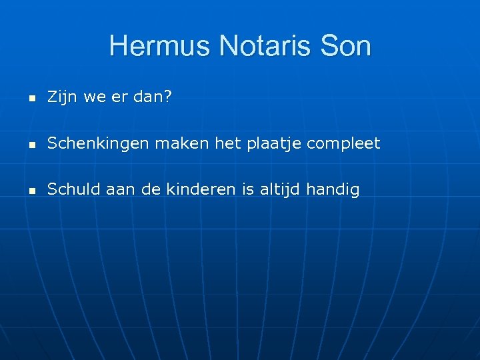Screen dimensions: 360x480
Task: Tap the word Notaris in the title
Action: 257,47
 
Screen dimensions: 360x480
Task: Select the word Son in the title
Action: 345,47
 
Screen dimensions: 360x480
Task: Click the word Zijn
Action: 60,98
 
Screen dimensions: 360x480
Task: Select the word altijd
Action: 279,189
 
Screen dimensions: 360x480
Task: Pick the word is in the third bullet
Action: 249,189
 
